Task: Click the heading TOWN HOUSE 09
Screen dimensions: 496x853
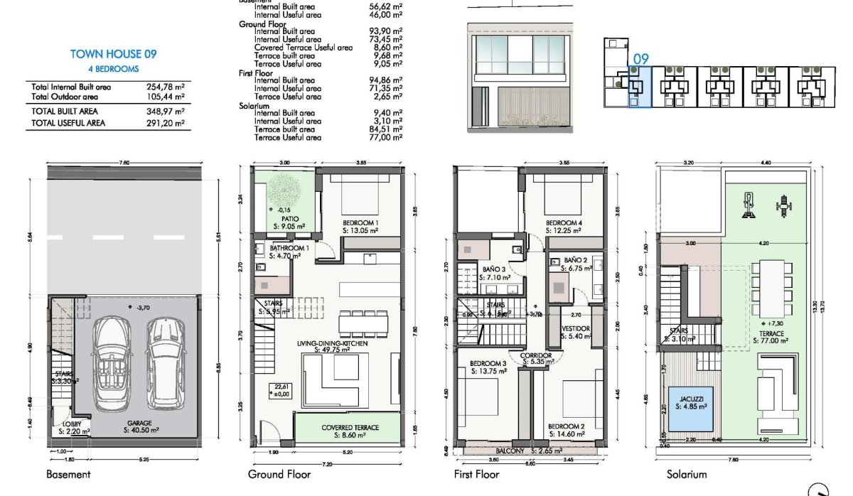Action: pos(113,54)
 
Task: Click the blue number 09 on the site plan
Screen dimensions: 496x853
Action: pos(640,59)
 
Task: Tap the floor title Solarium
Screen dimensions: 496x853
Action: pos(687,475)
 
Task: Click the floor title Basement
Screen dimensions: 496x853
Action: pos(68,475)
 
